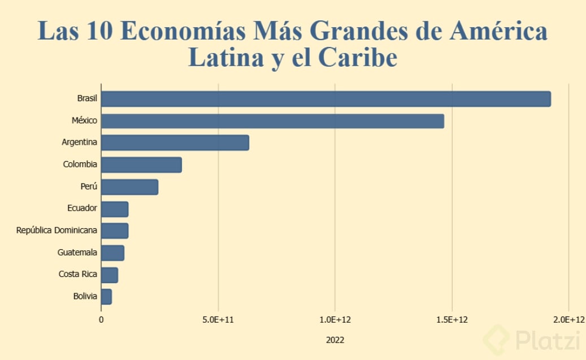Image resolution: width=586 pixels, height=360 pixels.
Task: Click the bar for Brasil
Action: click(325, 99)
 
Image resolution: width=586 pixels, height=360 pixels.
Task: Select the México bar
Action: click(272, 121)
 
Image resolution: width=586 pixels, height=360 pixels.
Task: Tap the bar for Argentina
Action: click(175, 143)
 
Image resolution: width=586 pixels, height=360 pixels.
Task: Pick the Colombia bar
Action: click(141, 165)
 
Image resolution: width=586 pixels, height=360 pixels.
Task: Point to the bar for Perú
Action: click(129, 187)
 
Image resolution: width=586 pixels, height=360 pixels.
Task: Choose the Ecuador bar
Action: click(115, 209)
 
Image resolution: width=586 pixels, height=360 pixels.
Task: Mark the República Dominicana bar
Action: click(115, 231)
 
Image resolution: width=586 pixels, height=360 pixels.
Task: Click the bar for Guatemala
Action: click(112, 253)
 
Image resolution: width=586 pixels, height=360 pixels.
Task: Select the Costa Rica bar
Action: click(110, 275)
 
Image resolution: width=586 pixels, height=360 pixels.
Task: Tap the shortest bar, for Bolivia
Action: click(106, 297)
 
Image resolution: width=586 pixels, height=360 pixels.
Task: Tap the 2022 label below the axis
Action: click(335, 340)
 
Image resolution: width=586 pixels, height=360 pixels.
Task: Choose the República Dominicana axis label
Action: click(57, 231)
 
